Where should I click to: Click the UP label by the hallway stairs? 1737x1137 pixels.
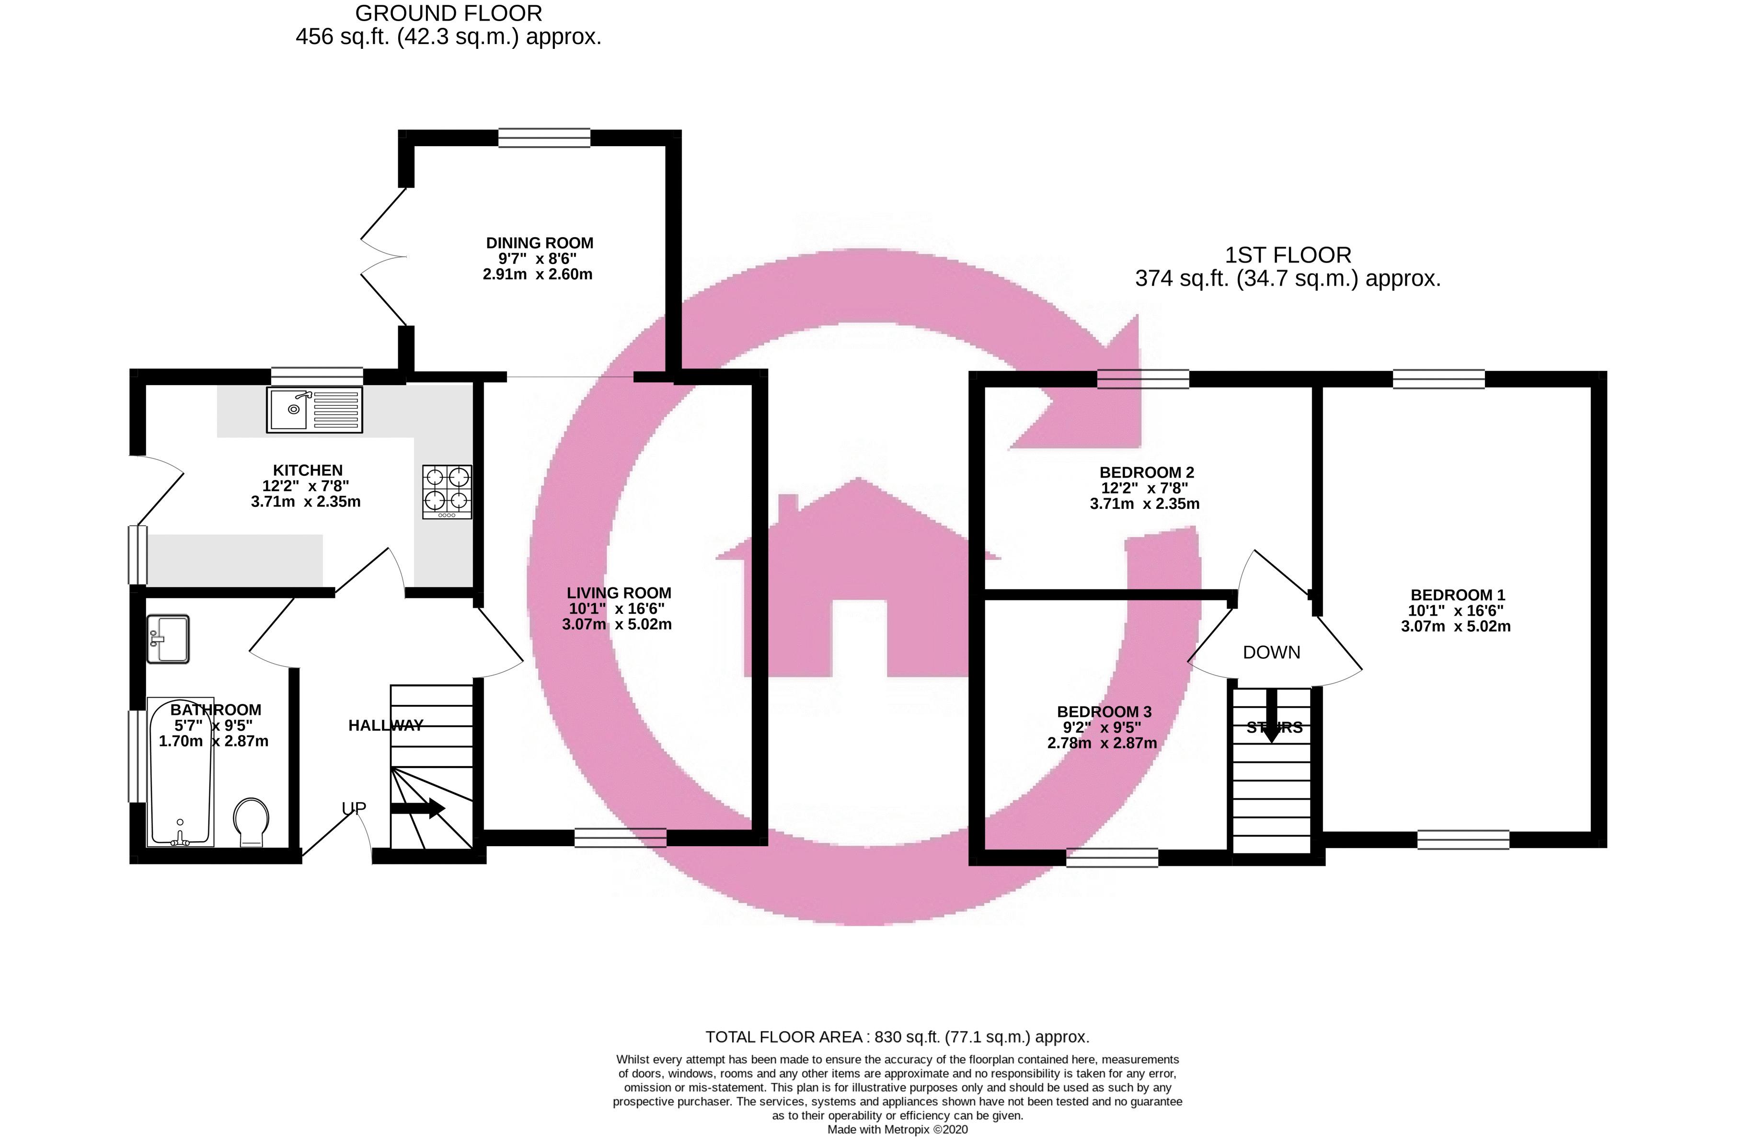(x=354, y=808)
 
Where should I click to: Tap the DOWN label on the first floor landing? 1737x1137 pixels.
(x=1271, y=653)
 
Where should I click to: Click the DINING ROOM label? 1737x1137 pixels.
(x=540, y=243)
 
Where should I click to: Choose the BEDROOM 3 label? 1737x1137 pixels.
(x=1104, y=712)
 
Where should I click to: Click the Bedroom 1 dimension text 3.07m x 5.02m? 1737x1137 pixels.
(x=1455, y=626)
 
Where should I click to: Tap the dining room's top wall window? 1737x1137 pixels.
(x=544, y=138)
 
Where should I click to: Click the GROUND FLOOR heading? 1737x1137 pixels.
(x=448, y=13)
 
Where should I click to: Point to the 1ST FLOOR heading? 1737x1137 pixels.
(x=1288, y=255)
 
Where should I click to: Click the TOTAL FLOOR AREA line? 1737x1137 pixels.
(x=897, y=1036)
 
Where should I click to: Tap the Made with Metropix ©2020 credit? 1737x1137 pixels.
(x=897, y=1129)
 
